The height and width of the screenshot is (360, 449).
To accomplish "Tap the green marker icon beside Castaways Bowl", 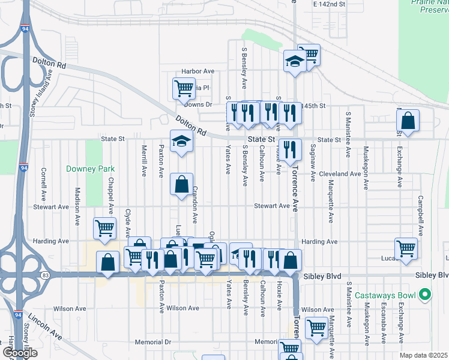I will click(x=425, y=295).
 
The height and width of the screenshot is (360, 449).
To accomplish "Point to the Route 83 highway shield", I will click(x=46, y=275).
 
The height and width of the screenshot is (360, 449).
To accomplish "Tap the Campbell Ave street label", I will click(x=421, y=214).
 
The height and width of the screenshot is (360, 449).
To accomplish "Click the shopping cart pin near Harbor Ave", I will click(x=184, y=88).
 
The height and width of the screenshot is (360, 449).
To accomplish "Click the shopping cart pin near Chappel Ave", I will click(x=104, y=228).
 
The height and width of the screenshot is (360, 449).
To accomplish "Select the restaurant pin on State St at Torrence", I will click(x=291, y=149).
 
